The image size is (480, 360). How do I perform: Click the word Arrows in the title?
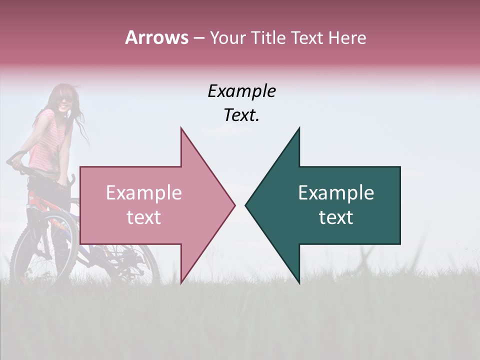tap(157, 37)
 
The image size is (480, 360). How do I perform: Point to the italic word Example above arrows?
tap(241, 91)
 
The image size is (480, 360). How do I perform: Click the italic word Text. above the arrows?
tap(241, 115)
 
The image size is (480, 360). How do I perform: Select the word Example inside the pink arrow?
tap(144, 193)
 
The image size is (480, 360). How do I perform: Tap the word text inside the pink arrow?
tap(144, 217)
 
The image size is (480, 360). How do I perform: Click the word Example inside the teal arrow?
tap(336, 193)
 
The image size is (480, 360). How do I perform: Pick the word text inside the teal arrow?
tap(336, 217)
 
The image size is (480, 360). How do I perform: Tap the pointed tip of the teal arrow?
tap(246, 205)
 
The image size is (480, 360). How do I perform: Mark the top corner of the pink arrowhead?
tap(181, 128)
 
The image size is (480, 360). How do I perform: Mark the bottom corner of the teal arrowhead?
tap(299, 283)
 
